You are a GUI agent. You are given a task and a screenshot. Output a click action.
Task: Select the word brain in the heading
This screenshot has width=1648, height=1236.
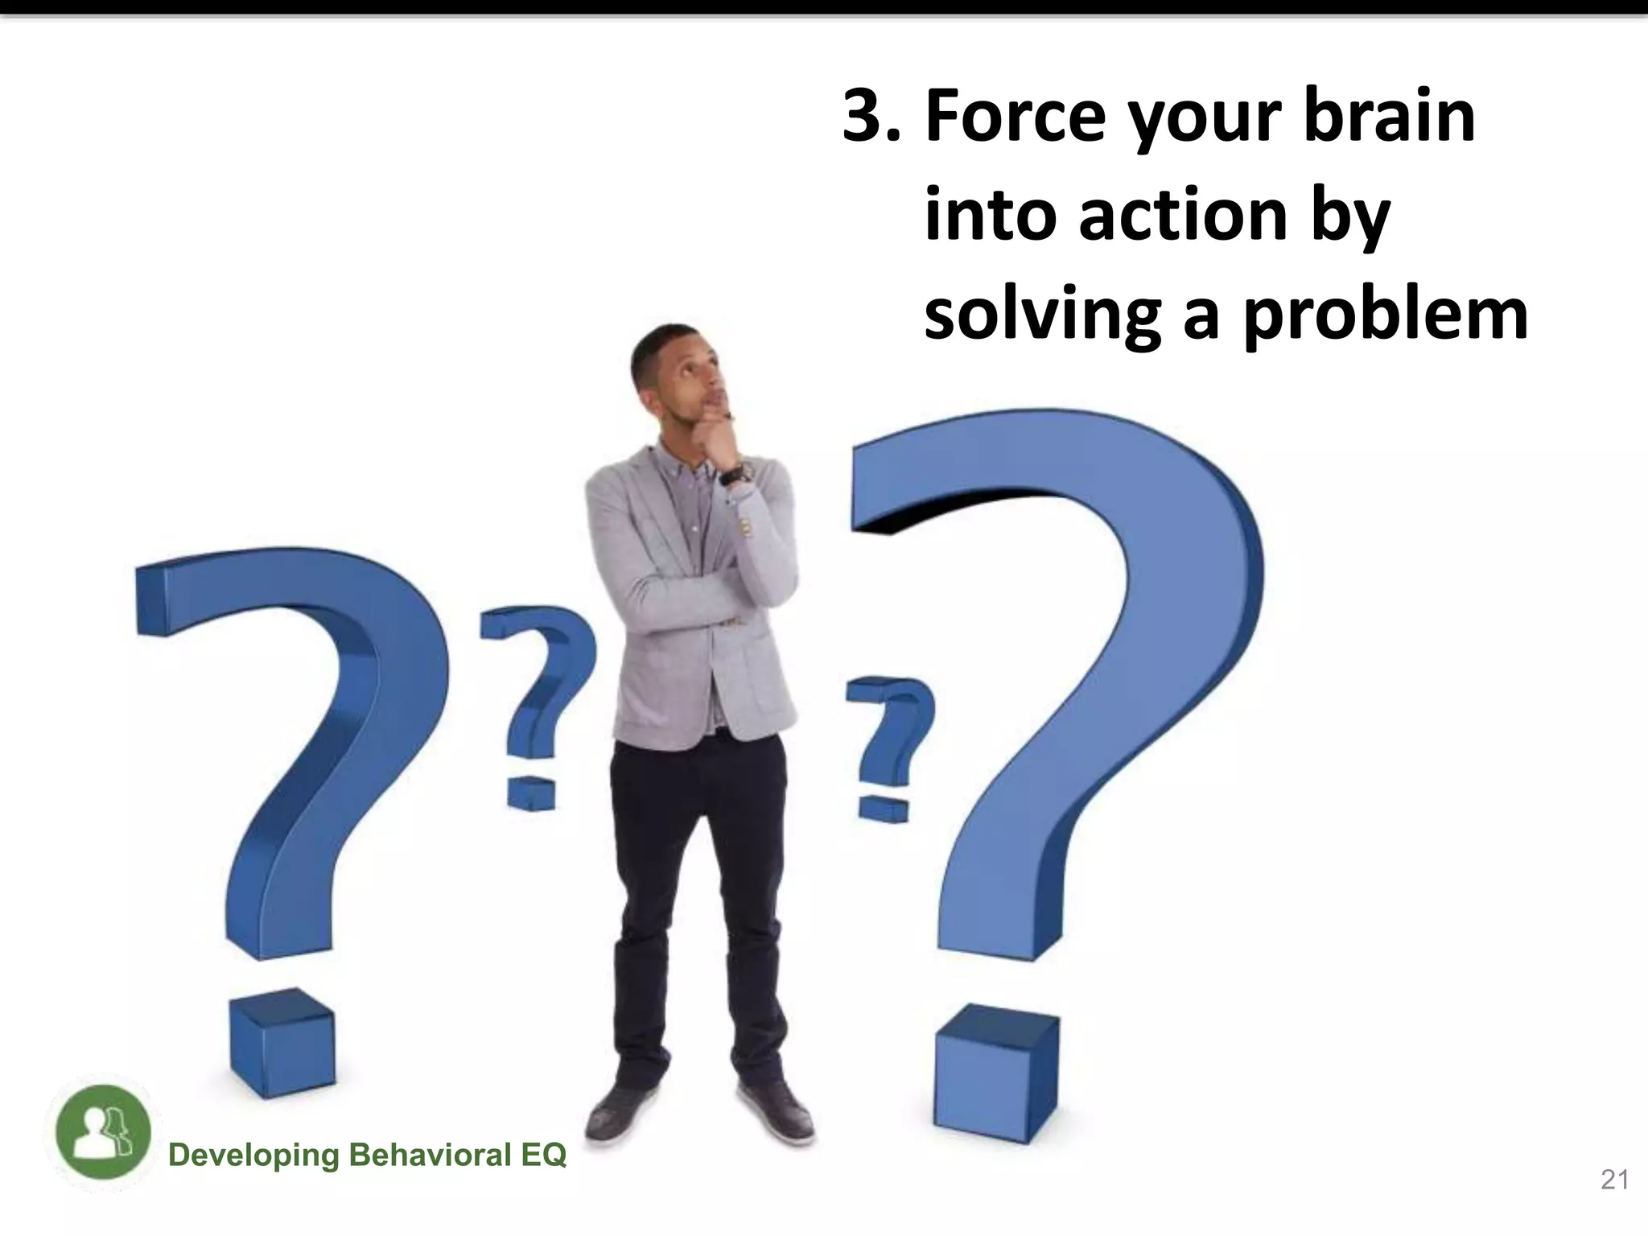click(x=1389, y=117)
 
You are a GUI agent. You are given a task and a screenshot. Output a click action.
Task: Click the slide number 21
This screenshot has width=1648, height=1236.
click(x=1614, y=1180)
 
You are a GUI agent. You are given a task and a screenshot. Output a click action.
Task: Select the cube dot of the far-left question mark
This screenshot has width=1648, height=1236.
click(x=282, y=1046)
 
